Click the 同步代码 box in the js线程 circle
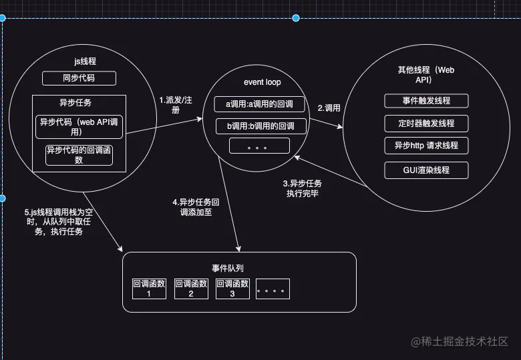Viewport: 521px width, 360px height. pyautogui.click(x=79, y=79)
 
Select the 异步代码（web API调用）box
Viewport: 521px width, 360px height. pyautogui.click(x=79, y=126)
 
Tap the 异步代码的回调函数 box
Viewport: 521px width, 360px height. pyautogui.click(x=79, y=155)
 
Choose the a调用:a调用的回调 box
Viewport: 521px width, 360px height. pyautogui.click(x=259, y=105)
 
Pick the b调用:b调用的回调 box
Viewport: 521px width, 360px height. pyautogui.click(x=259, y=126)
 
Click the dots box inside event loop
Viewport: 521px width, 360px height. pyautogui.click(x=259, y=146)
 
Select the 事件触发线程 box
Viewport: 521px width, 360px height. pyautogui.click(x=426, y=101)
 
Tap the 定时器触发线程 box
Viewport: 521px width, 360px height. pyautogui.click(x=426, y=124)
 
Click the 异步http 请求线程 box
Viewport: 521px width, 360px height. pyautogui.click(x=426, y=146)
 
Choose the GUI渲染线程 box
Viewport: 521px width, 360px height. pyautogui.click(x=426, y=170)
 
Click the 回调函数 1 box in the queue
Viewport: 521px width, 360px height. pyautogui.click(x=150, y=288)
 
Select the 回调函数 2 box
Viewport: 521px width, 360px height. pyautogui.click(x=190, y=288)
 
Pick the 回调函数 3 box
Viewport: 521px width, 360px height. pyautogui.click(x=232, y=288)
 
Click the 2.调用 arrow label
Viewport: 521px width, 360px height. pyautogui.click(x=329, y=107)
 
